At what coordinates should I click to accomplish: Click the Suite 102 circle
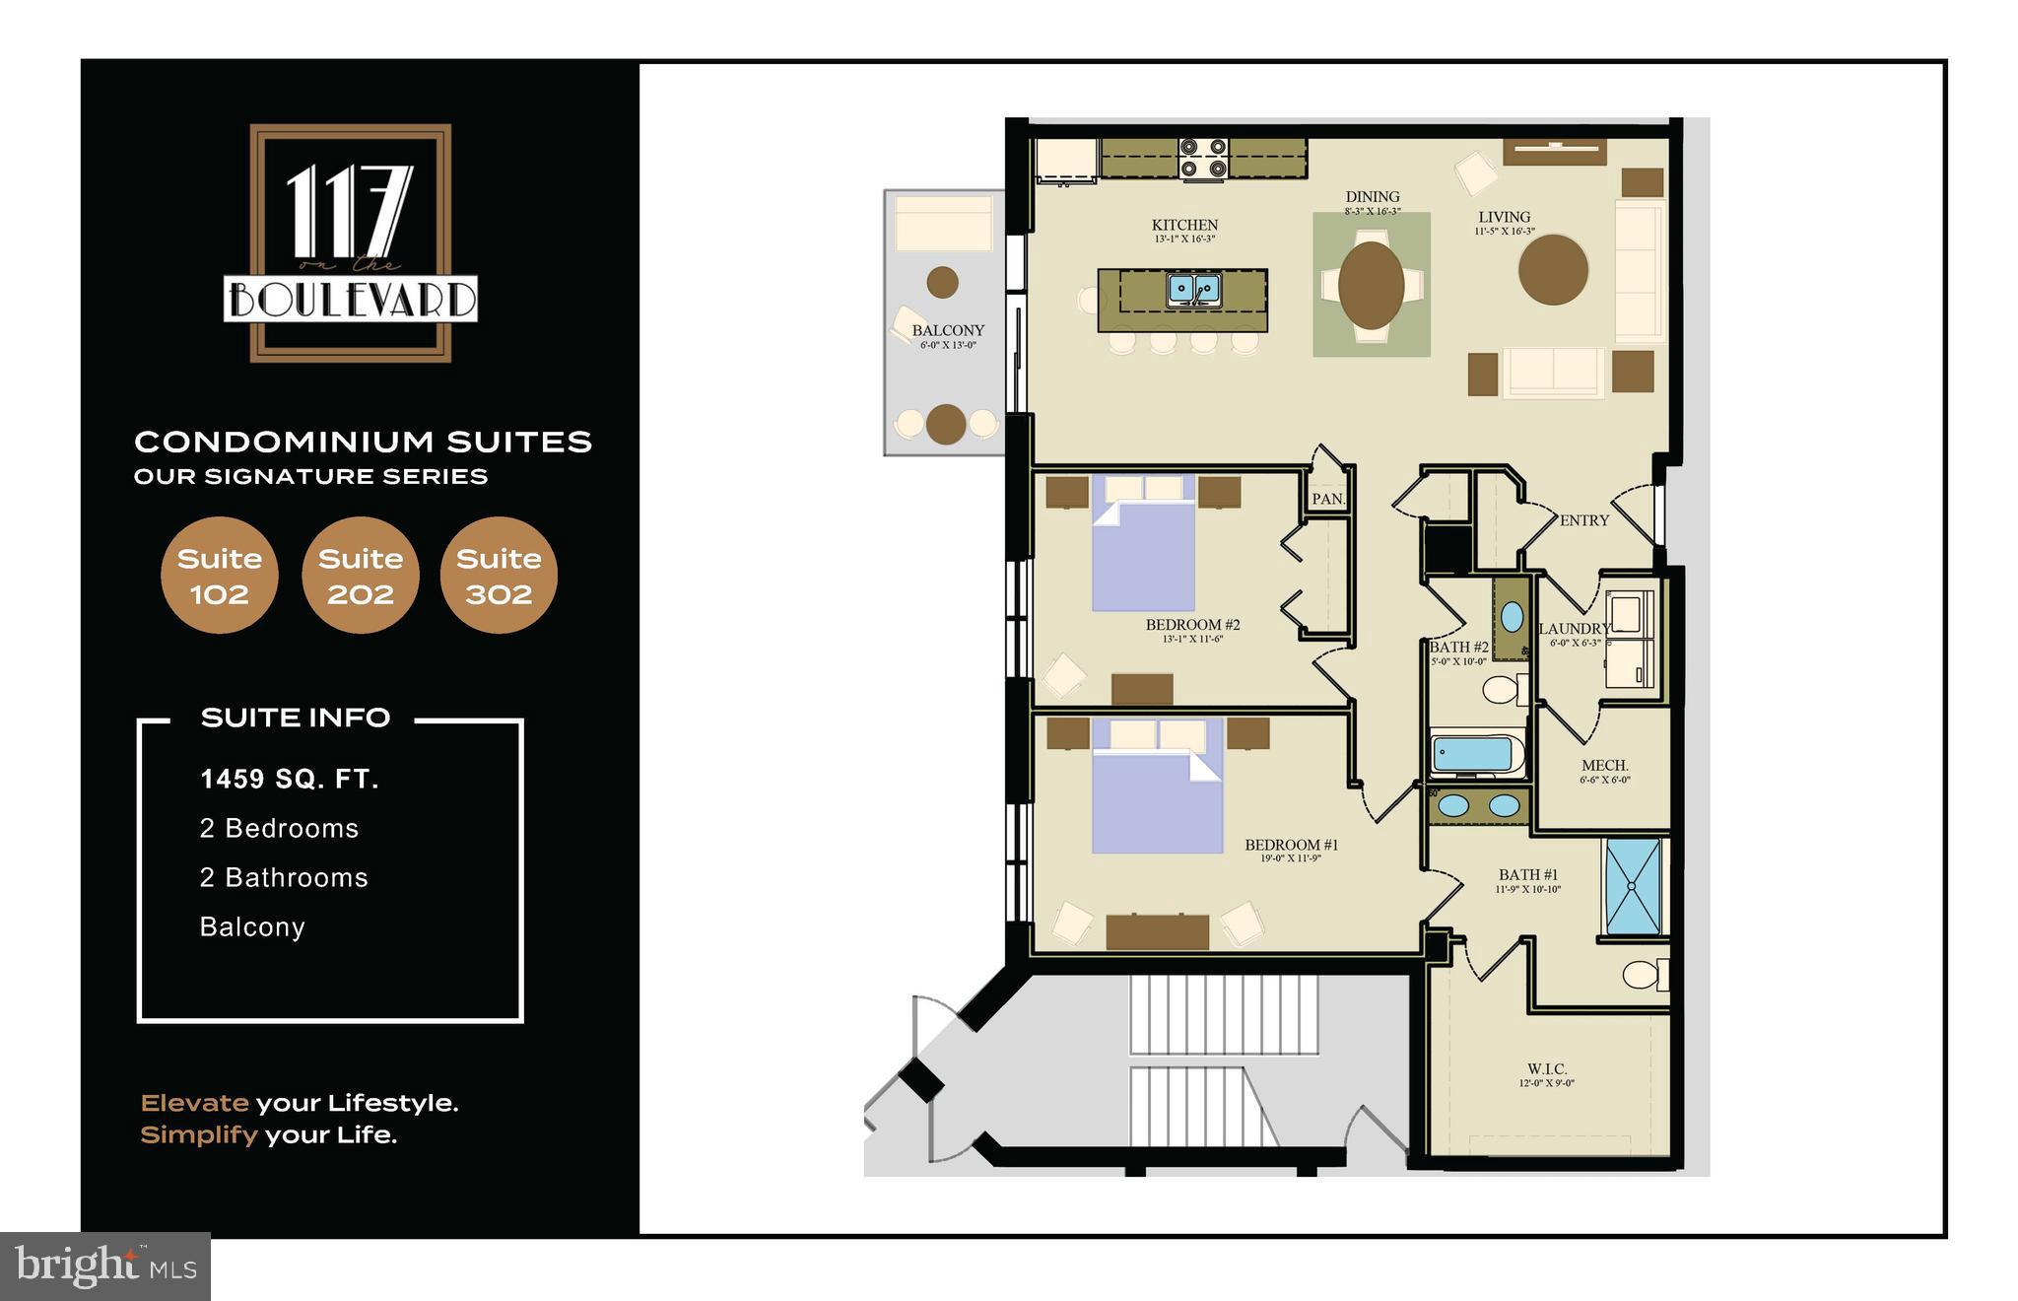(219, 576)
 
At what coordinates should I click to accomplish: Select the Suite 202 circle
(361, 576)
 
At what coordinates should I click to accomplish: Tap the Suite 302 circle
(499, 576)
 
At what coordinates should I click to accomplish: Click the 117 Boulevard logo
(351, 242)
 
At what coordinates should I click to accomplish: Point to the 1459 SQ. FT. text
(290, 780)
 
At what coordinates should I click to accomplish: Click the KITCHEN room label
(1184, 226)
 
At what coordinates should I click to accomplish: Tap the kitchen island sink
(1194, 290)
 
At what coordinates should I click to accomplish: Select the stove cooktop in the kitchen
(1204, 159)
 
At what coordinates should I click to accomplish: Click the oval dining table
(1372, 285)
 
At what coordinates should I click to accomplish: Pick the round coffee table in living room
(1553, 269)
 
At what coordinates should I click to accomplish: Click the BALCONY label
(948, 331)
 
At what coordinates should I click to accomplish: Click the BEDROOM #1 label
(1291, 845)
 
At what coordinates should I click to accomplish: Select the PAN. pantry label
(1327, 499)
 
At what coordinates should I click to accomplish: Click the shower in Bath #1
(1633, 887)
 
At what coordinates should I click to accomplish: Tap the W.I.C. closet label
(1547, 1069)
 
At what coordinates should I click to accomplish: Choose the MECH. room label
(1604, 766)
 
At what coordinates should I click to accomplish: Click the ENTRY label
(1584, 520)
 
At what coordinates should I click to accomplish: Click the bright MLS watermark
(105, 1266)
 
